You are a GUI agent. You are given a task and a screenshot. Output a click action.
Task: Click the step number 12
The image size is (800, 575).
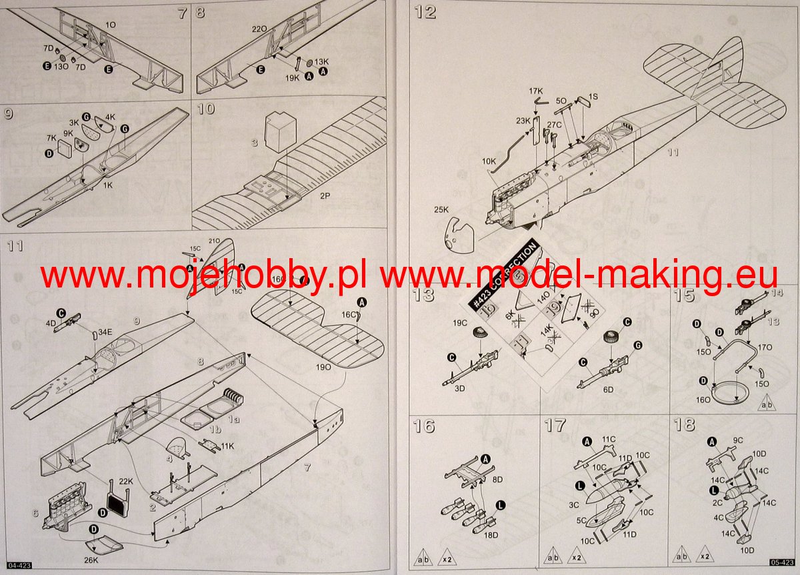(425, 12)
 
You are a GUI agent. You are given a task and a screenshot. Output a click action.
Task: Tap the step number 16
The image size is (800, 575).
(423, 425)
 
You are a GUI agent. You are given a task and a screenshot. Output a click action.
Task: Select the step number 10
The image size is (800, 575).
(206, 109)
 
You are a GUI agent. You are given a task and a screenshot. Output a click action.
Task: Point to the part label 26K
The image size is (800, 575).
(91, 559)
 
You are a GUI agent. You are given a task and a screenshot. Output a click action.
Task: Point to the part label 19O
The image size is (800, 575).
(323, 367)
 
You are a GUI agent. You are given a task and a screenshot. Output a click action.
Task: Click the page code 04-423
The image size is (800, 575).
(15, 566)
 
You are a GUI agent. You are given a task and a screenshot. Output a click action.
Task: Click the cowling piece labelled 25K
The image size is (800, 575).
(457, 233)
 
